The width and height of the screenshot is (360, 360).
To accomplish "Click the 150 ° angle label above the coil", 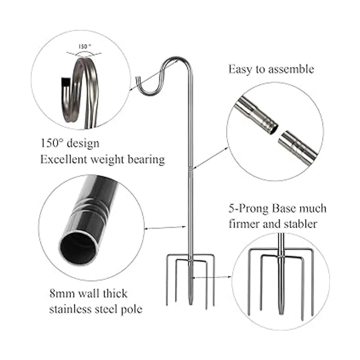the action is pos(85,46).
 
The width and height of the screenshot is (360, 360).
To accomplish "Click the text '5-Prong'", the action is pos(248,209).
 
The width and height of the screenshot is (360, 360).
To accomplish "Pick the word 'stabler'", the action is pos(301,223).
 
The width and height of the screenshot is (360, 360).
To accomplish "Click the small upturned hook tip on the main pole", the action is pos(137,80).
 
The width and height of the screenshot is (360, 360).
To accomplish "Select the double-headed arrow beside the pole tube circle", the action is pos(165,227).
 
